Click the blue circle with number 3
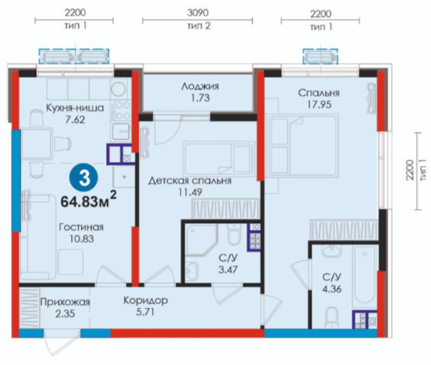coord(84,177)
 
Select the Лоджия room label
coord(200,86)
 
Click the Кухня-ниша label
coord(75,108)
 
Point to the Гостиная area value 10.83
coord(82,238)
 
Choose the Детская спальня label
coord(190,181)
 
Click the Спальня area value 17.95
coord(319,105)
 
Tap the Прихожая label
coord(65,302)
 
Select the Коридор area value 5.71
coord(145,312)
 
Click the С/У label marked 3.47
coord(228,258)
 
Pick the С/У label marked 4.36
coord(332,277)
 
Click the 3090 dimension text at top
coord(198,12)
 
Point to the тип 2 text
coord(199,25)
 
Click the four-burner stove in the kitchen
coord(120,111)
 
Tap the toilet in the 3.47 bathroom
coord(234,235)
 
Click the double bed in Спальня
coord(302,145)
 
